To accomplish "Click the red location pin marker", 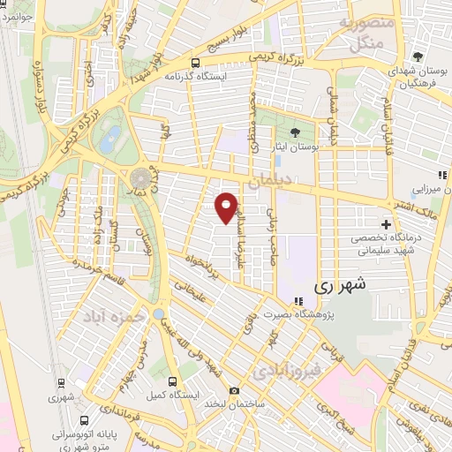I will [x=227, y=207].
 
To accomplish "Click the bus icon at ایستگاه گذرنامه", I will [x=196, y=63].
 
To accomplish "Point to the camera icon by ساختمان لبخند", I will [x=233, y=390].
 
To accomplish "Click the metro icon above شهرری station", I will [x=61, y=383].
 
